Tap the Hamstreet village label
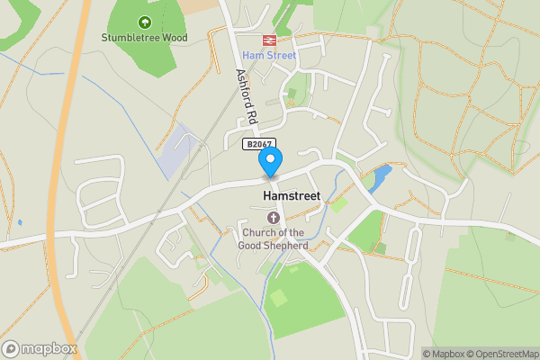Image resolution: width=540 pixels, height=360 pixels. (290, 193)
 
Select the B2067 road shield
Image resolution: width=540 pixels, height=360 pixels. (259, 144)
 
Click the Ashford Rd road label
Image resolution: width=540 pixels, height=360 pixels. (247, 96)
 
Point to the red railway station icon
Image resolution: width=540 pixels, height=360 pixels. (268, 40)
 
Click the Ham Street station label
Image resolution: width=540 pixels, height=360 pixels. (268, 56)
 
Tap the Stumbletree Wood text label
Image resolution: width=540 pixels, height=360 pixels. (144, 38)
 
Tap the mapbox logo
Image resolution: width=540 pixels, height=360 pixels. (40, 348)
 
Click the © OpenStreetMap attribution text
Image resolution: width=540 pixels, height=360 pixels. (500, 354)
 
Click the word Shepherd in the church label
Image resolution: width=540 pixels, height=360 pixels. (286, 245)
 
